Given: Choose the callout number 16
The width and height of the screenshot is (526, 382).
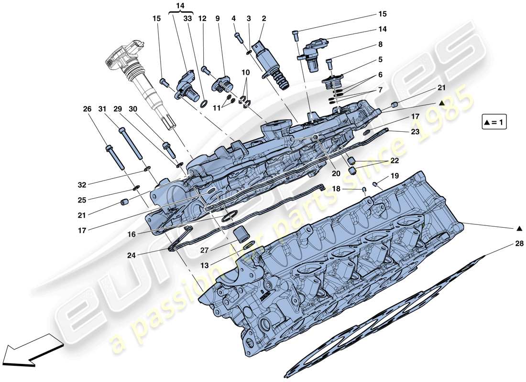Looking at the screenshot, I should coord(131,234).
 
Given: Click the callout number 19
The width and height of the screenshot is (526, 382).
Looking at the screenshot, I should coord(394,176).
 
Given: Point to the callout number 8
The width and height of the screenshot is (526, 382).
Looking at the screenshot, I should coord(381,44).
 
